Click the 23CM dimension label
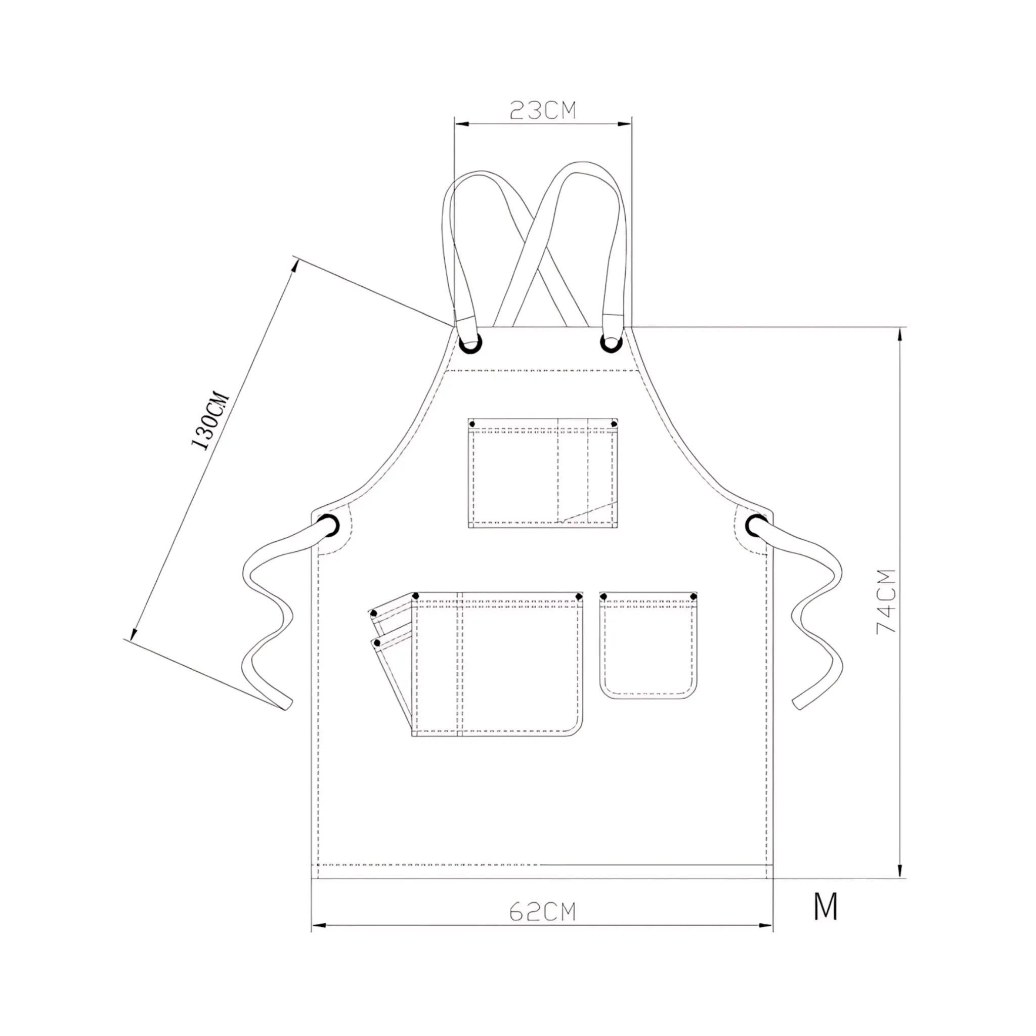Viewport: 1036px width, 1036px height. coord(542,110)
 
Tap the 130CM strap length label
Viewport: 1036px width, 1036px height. coord(211,421)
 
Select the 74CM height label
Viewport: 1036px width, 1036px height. coord(886,601)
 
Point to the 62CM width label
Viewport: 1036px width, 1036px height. coord(542,912)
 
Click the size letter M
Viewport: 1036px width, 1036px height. coord(825,906)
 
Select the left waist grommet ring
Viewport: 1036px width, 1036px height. coord(328,526)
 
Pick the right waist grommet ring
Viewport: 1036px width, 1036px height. coord(756,525)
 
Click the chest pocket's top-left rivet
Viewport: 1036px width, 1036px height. coord(472,424)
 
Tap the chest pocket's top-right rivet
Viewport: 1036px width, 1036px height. coord(614,424)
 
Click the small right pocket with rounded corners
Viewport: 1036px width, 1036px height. coord(649,646)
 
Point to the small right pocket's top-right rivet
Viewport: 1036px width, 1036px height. coord(694,596)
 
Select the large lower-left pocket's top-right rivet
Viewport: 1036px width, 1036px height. coord(579,596)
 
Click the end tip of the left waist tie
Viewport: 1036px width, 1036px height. coord(287,705)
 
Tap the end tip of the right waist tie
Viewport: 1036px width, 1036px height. coord(798,705)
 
